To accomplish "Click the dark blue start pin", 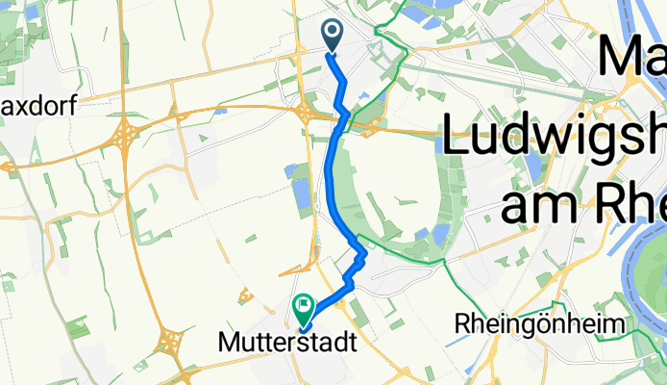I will (x=333, y=36).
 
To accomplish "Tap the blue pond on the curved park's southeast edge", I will (x=441, y=235).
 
